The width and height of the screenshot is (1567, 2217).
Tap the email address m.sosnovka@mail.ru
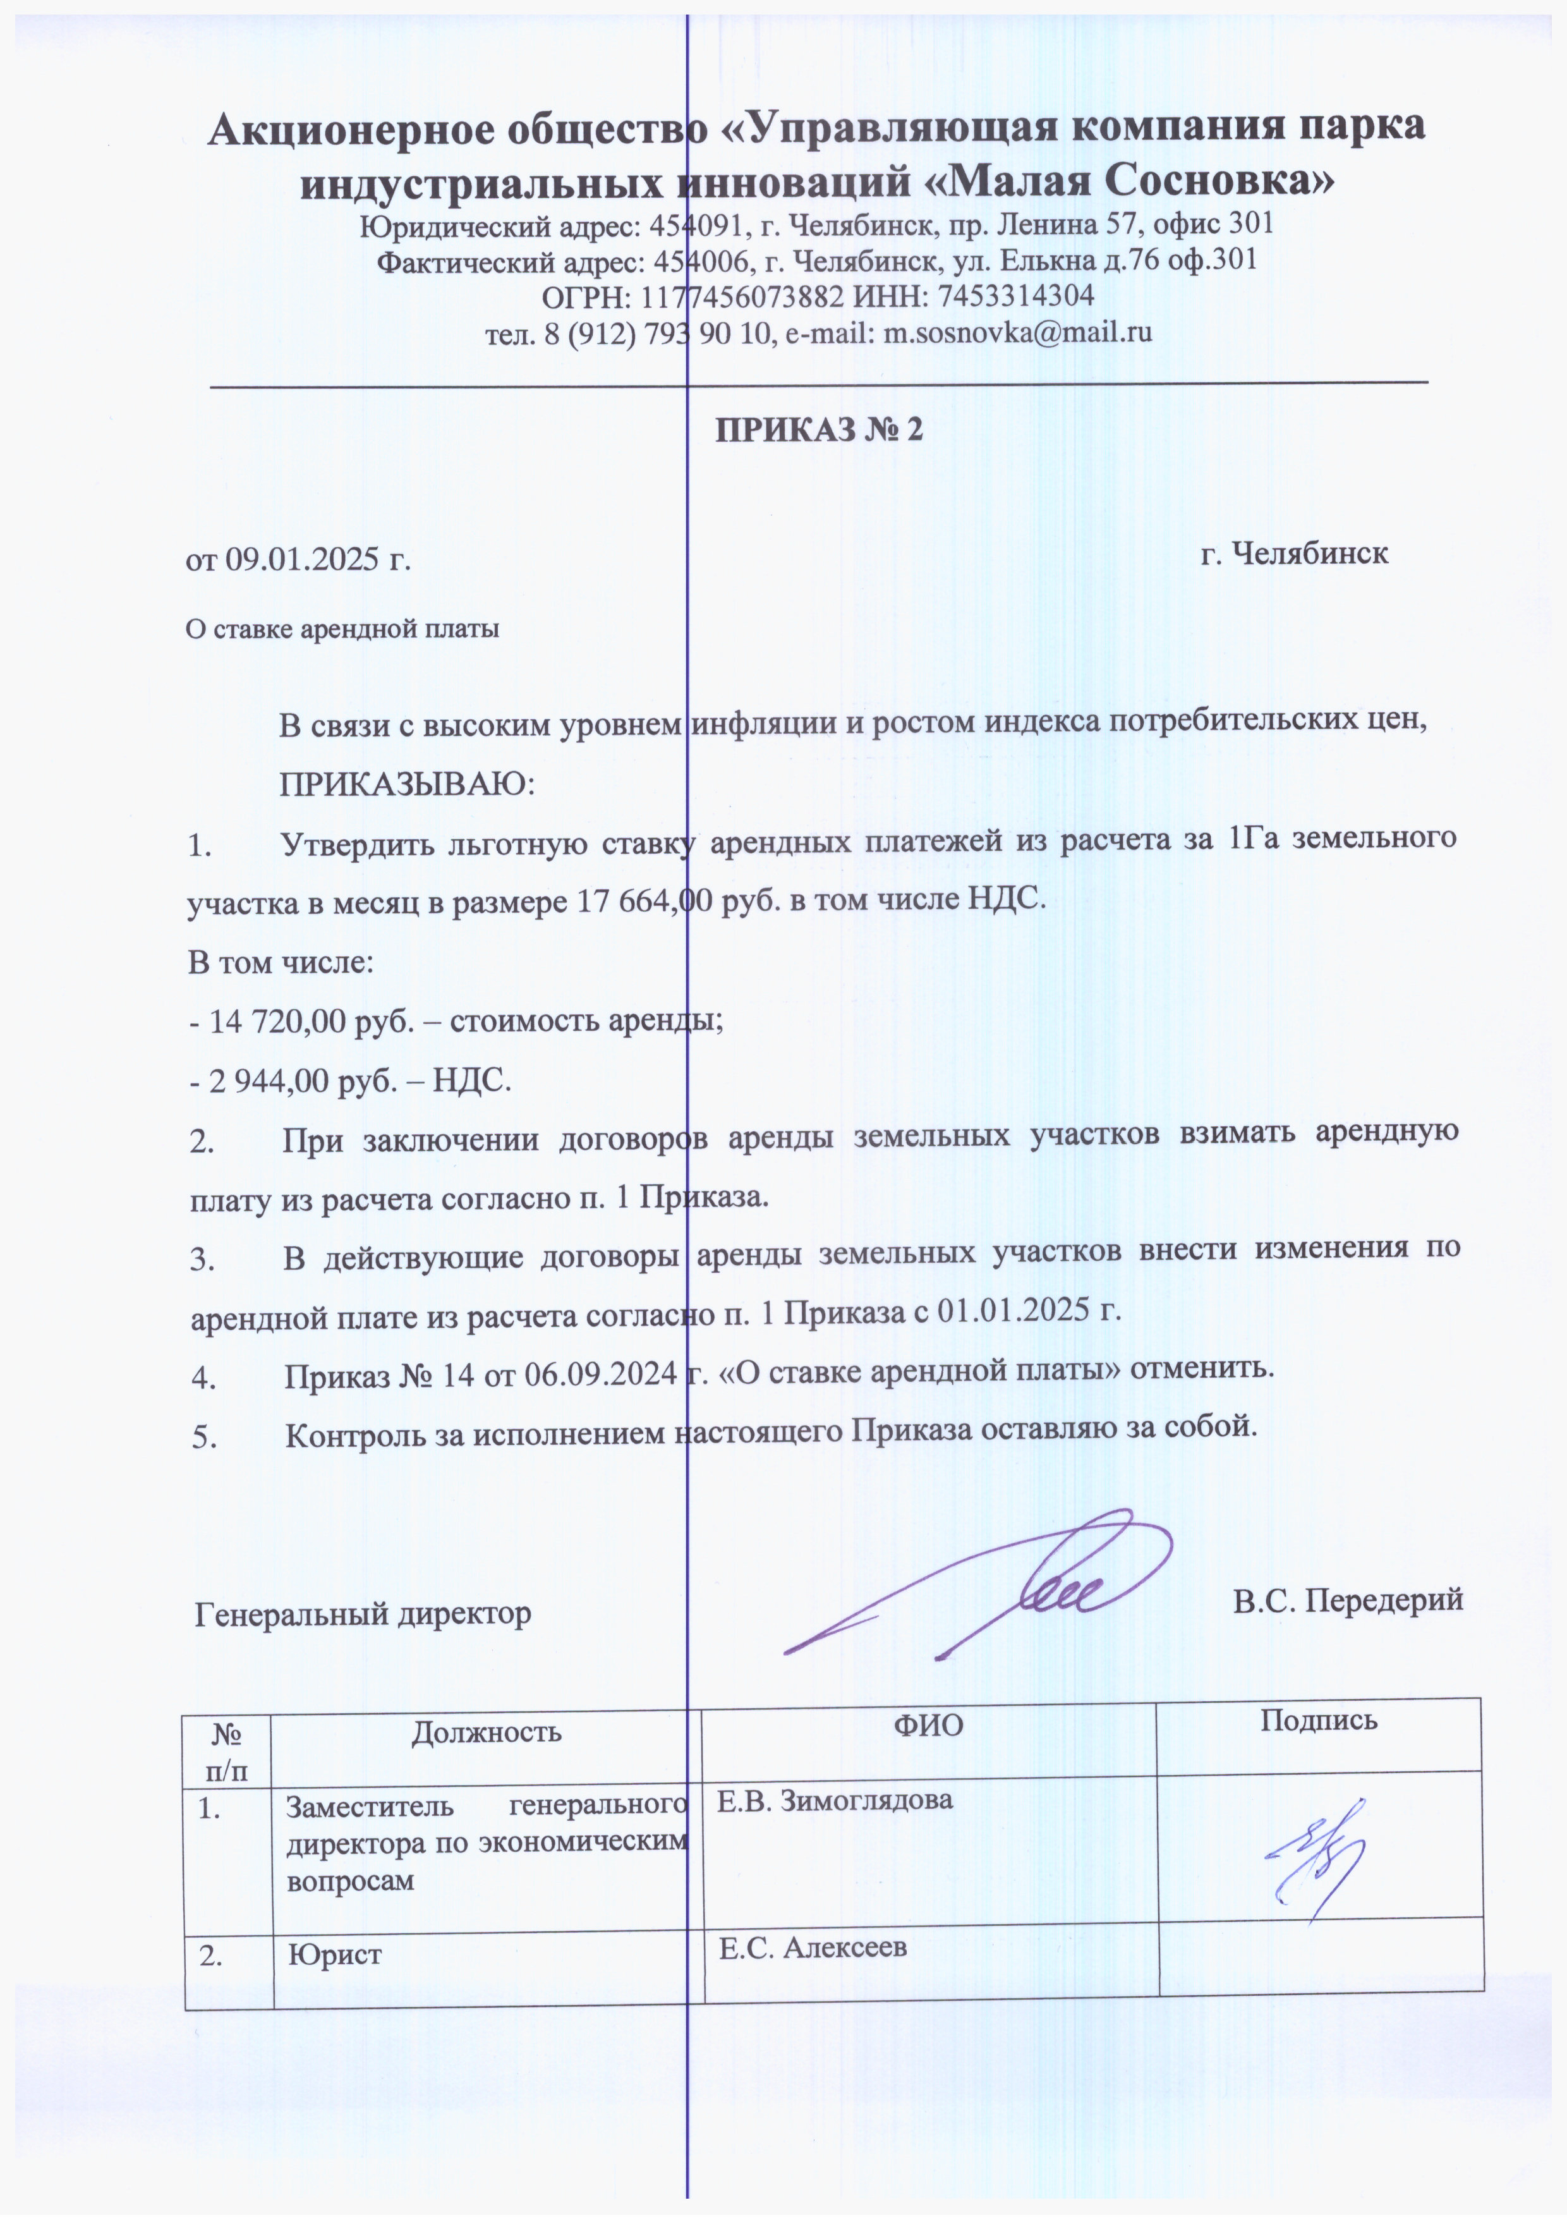[x=1019, y=332]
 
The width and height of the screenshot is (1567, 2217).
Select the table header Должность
[x=486, y=1731]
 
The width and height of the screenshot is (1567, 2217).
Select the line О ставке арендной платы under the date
[x=342, y=629]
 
